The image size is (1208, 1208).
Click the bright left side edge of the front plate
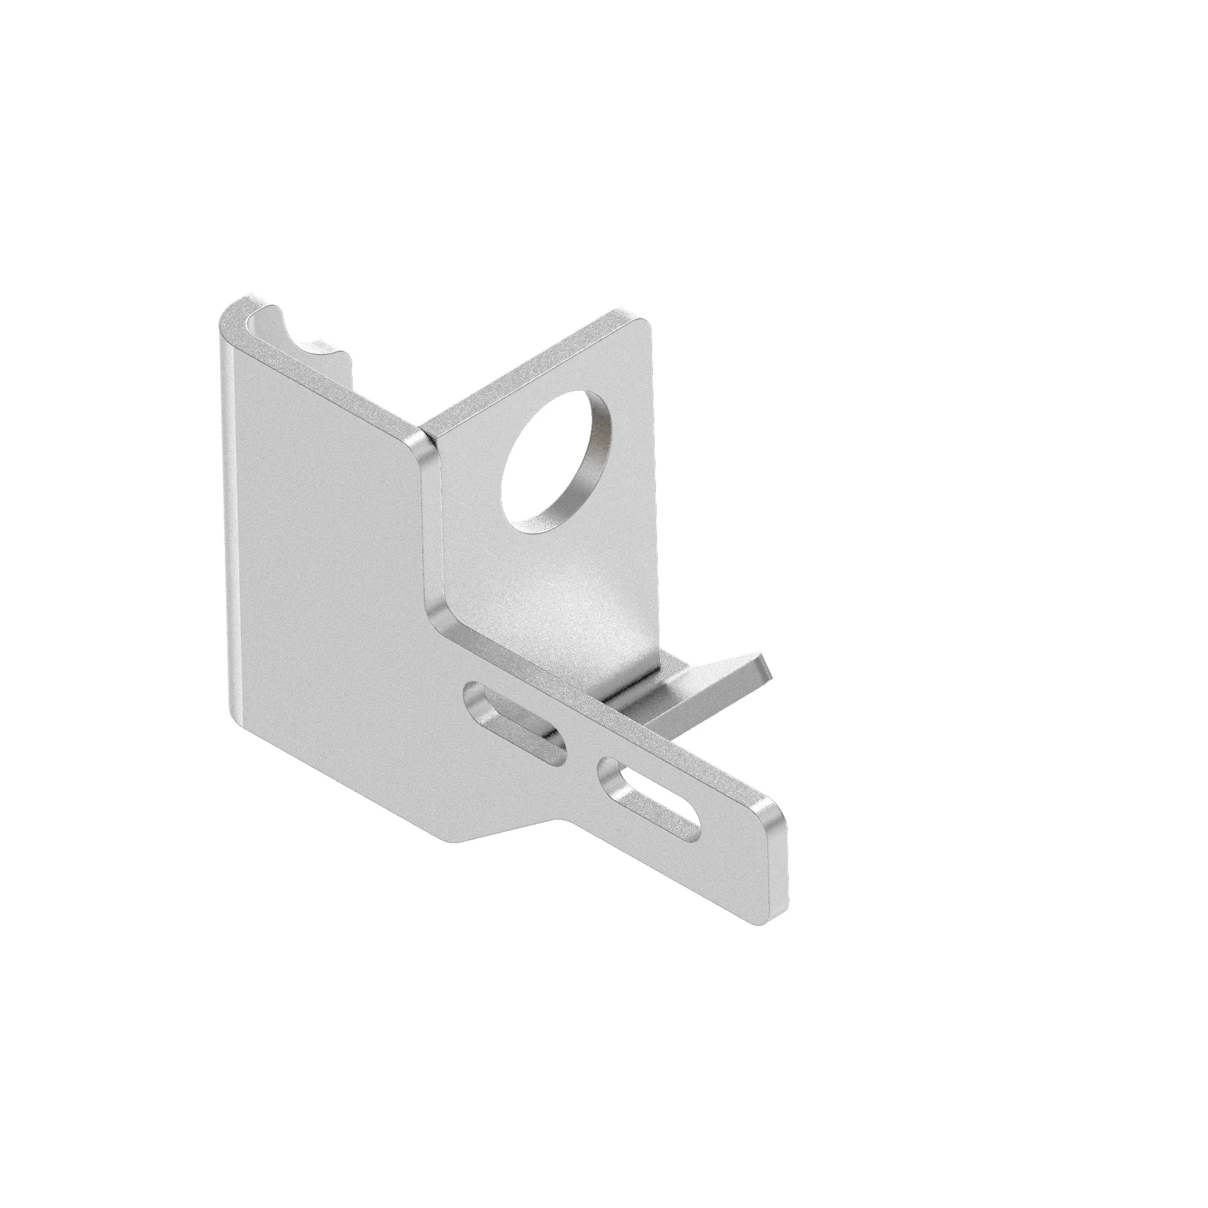(x=227, y=532)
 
